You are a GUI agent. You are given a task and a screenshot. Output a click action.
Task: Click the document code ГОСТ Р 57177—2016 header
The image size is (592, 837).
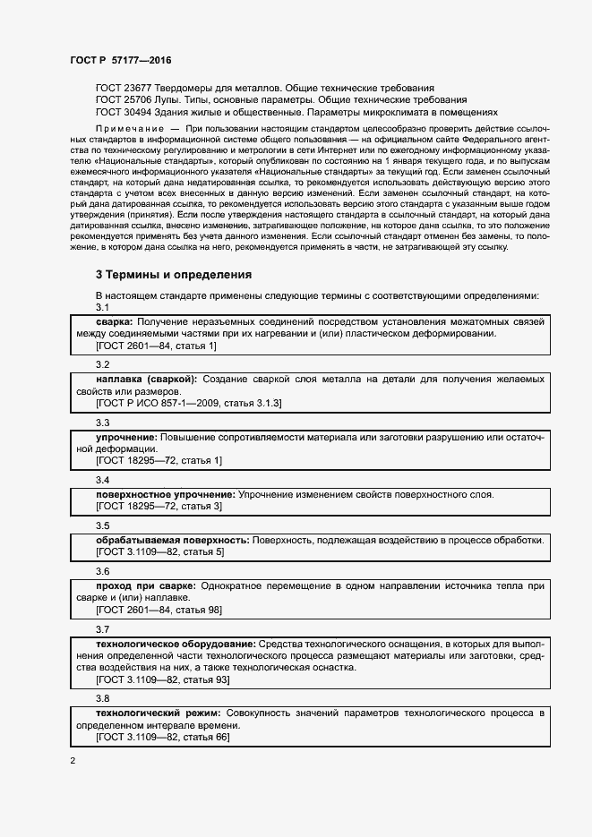click(120, 60)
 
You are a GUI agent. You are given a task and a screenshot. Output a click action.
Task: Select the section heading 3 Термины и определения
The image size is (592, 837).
click(174, 275)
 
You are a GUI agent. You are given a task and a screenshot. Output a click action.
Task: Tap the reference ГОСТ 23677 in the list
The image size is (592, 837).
click(124, 89)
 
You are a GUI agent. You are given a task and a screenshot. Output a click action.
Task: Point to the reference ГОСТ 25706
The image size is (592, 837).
click(124, 101)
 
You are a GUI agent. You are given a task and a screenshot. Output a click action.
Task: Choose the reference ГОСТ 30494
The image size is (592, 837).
click(124, 114)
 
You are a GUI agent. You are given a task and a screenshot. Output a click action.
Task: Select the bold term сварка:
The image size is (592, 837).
click(115, 321)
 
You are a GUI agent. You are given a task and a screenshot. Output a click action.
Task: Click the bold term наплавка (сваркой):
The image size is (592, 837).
click(146, 380)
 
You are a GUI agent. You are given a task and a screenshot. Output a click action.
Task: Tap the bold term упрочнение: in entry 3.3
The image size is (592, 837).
click(126, 437)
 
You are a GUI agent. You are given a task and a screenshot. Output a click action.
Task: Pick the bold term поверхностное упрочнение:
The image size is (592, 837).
click(165, 495)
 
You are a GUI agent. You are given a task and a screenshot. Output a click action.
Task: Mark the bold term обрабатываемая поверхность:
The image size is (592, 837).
click(172, 541)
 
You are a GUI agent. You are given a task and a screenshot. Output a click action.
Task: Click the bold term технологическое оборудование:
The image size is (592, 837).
click(175, 645)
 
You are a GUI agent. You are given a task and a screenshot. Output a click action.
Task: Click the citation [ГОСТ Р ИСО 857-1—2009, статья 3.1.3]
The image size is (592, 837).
click(188, 404)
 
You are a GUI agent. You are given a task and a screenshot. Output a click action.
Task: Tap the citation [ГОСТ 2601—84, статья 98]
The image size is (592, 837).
click(159, 610)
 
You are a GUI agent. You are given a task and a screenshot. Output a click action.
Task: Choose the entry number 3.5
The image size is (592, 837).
click(102, 525)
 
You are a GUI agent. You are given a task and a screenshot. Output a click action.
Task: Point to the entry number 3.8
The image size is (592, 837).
click(102, 698)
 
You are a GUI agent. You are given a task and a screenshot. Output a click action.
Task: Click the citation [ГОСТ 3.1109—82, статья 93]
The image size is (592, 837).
click(162, 679)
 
